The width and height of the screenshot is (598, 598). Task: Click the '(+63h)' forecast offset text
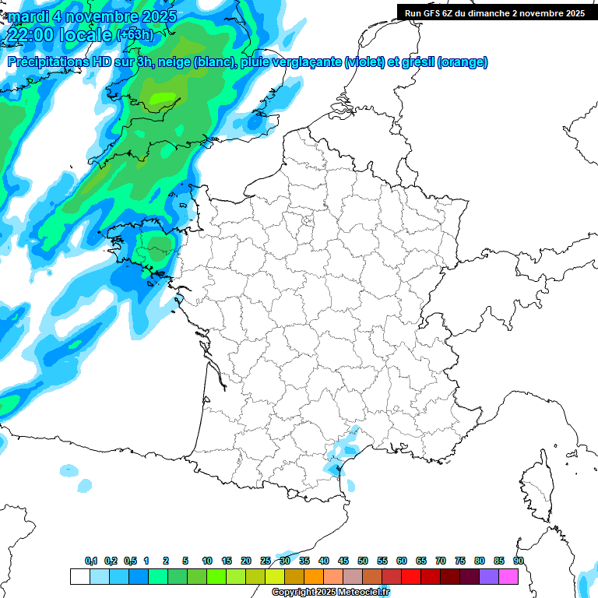pyautogui.click(x=134, y=35)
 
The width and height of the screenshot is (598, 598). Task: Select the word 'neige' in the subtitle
pyautogui.click(x=174, y=62)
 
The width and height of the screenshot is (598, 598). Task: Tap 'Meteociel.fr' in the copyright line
pyautogui.click(x=358, y=593)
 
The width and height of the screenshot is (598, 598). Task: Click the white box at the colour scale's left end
pyautogui.click(x=79, y=577)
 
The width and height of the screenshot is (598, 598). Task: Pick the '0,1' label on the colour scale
pyautogui.click(x=91, y=561)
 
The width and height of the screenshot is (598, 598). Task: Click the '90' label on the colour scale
pyautogui.click(x=519, y=561)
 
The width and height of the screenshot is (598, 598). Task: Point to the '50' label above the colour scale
pyautogui.click(x=363, y=561)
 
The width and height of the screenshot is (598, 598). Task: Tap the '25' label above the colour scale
pyautogui.click(x=266, y=561)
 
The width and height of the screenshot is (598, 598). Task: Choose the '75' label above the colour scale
pyautogui.click(x=460, y=561)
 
